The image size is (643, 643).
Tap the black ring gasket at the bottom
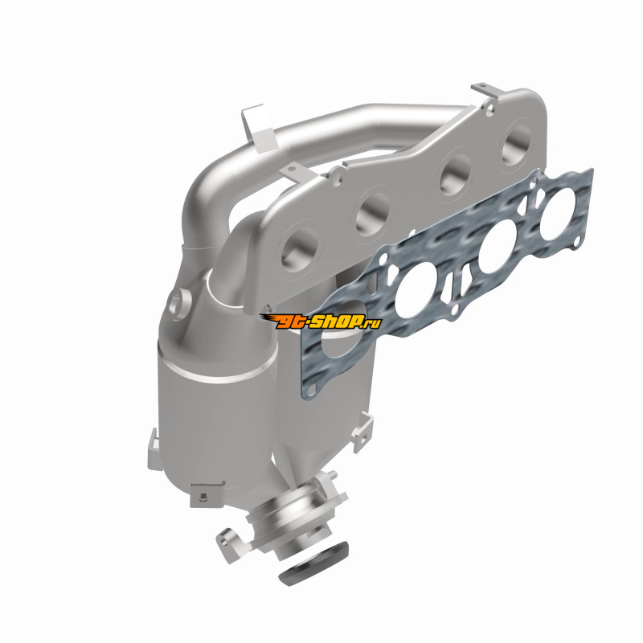[x=314, y=563]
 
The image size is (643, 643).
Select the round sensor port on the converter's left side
[x=179, y=305]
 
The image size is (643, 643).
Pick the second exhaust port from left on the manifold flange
[x=372, y=213]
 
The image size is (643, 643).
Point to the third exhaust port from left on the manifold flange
[x=455, y=174]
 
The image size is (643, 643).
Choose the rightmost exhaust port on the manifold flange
[x=518, y=145]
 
